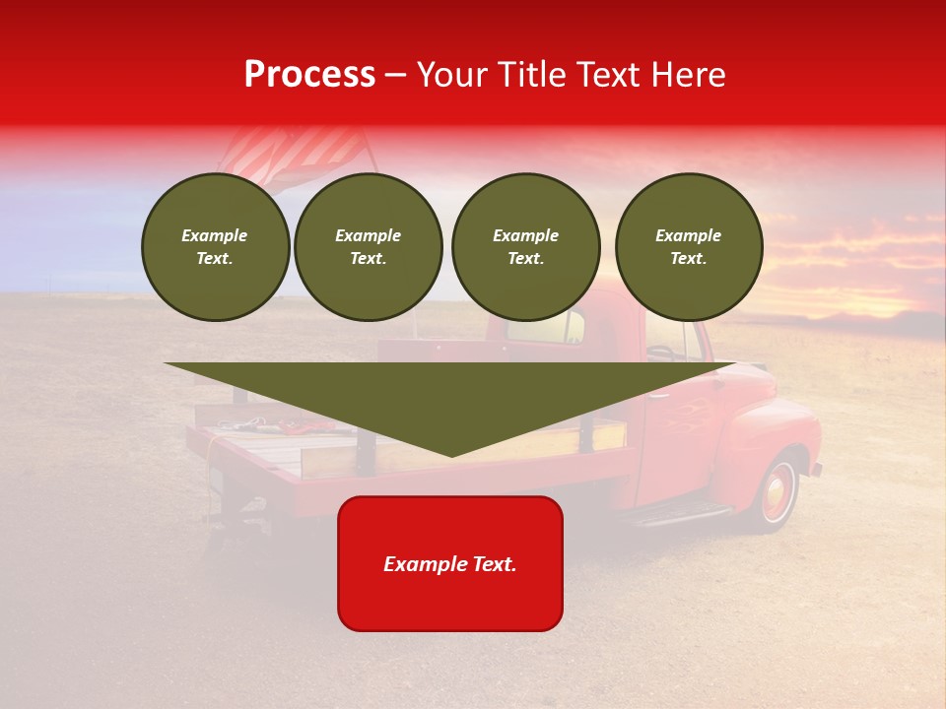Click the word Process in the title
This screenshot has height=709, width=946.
click(309, 75)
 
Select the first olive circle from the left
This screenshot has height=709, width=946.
click(215, 247)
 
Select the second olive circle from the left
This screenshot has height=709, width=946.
click(368, 247)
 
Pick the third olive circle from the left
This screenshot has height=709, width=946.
click(525, 247)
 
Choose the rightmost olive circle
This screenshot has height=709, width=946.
click(688, 247)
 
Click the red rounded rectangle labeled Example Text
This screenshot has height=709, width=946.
click(450, 563)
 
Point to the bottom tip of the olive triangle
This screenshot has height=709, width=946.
click(451, 455)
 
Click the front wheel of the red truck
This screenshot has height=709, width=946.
click(777, 492)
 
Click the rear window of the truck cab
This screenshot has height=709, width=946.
click(547, 328)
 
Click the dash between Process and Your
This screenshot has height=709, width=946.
click(395, 75)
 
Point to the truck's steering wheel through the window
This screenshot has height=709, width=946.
click(663, 350)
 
